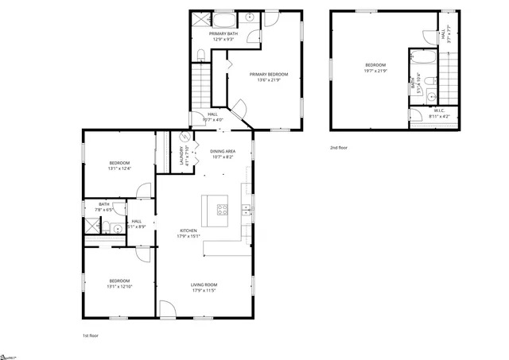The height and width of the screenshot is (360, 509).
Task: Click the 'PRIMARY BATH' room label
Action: point(223,33)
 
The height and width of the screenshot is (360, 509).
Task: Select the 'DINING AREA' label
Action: point(222,151)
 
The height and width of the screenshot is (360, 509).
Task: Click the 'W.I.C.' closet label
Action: point(440,111)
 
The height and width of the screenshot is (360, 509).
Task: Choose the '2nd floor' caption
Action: point(339,148)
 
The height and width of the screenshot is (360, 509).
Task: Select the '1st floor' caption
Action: point(91,336)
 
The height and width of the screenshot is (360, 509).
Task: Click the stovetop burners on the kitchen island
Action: point(223,211)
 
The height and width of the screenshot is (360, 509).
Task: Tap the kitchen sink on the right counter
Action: point(247,210)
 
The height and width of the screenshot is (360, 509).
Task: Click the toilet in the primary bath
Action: point(201,54)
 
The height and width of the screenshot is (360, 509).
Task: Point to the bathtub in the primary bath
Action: point(224,18)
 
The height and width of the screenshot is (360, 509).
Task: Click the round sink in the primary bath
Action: point(249,17)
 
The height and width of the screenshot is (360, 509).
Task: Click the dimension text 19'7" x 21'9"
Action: point(375,72)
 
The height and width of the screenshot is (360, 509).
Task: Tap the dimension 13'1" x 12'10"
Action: point(119,286)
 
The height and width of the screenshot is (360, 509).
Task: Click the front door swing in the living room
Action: point(165,310)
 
